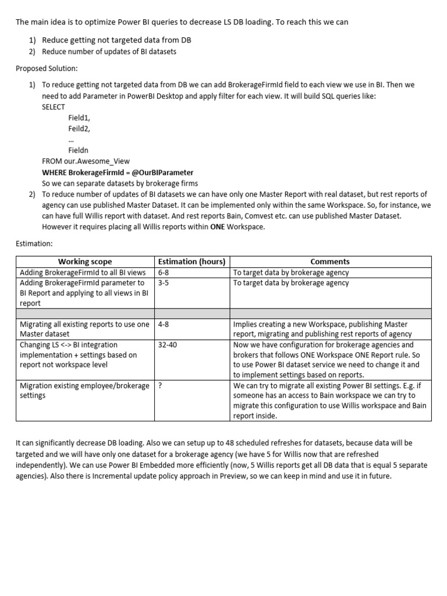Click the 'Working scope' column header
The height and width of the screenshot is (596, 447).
click(x=85, y=261)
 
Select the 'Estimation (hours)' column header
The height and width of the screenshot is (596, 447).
click(x=191, y=261)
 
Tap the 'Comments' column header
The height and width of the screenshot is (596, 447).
click(x=330, y=261)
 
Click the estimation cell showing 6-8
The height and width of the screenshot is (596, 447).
click(x=165, y=272)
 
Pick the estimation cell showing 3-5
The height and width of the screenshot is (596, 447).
click(x=165, y=283)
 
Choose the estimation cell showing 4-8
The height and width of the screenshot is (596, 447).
click(x=165, y=324)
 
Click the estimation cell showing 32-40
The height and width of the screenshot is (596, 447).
click(x=168, y=345)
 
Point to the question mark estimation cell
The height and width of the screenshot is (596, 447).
click(x=160, y=385)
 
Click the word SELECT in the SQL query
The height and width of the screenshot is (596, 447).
click(x=54, y=107)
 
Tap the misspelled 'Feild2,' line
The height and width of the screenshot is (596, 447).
click(x=79, y=128)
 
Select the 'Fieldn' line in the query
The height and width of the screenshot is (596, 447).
click(x=79, y=150)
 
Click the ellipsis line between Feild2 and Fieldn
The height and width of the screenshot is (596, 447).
click(x=71, y=139)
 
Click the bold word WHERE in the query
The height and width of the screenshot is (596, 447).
click(x=54, y=173)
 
